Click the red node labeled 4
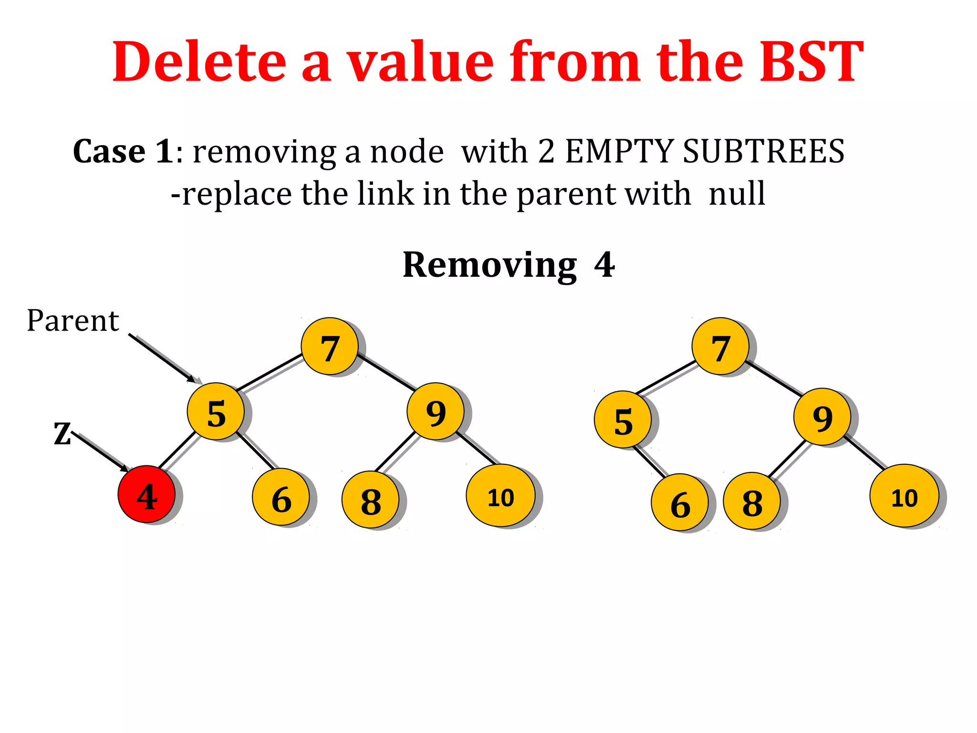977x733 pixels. tap(146, 494)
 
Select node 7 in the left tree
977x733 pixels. tap(330, 346)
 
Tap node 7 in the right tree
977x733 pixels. tap(720, 346)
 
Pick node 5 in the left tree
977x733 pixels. tap(216, 411)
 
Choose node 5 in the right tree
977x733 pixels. tap(623, 419)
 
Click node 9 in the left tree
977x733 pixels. tap(436, 411)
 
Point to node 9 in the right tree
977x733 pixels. tap(822, 417)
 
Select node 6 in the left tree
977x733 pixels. tap(281, 497)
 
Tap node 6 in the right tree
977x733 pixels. tap(680, 503)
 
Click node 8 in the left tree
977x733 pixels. tap(371, 500)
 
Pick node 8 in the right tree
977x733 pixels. tap(752, 501)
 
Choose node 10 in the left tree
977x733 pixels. tap(500, 496)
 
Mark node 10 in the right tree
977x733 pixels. tap(904, 496)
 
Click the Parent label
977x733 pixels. tap(73, 321)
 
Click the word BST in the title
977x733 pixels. tap(811, 62)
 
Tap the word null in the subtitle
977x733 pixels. tap(737, 194)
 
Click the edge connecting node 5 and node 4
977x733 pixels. tap(177, 450)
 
